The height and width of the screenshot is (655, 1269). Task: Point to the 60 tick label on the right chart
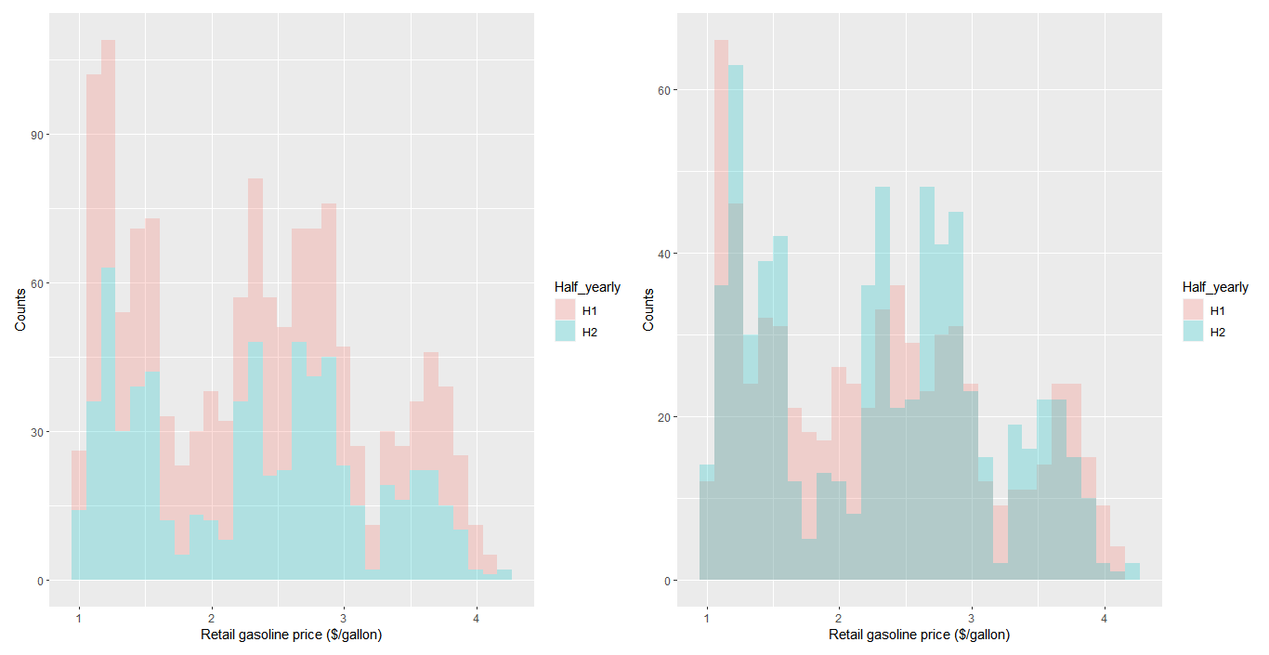[664, 90]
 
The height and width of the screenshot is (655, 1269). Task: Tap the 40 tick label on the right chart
[664, 254]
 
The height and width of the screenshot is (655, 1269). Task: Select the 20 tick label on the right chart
[664, 417]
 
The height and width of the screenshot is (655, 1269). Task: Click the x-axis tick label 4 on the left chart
[477, 617]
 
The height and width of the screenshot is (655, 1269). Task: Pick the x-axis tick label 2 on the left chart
[212, 617]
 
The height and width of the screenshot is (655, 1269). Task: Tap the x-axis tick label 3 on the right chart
[972, 617]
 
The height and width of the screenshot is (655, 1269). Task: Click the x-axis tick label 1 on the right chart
[707, 617]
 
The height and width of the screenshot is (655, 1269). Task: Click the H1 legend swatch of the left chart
[565, 309]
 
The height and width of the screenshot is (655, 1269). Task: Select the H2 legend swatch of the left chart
[565, 331]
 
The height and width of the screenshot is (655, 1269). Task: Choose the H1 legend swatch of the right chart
[1193, 309]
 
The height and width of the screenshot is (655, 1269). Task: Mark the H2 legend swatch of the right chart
[1193, 331]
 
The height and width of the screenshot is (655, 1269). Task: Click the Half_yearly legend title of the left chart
[587, 287]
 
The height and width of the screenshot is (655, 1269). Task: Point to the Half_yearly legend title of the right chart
[1215, 287]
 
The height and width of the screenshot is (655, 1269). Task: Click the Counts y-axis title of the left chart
[20, 310]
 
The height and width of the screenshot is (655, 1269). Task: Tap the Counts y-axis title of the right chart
[648, 310]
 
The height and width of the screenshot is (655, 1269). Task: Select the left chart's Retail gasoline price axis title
[292, 635]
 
